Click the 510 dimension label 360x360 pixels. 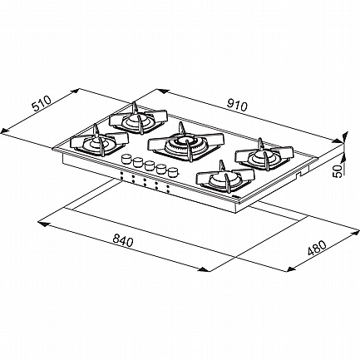click(42, 103)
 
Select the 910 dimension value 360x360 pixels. click(236, 105)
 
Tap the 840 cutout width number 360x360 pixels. click(123, 240)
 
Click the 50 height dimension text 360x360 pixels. click(338, 171)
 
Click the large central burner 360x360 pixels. click(185, 142)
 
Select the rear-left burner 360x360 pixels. click(138, 118)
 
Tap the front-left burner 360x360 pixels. click(99, 141)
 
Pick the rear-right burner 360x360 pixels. click(264, 155)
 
